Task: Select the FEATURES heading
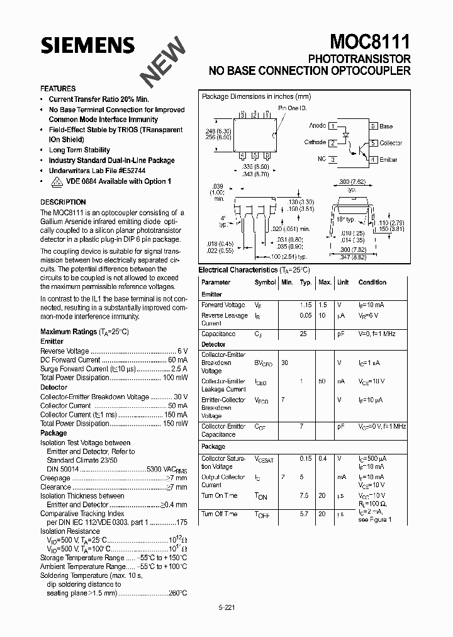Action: [x=58, y=89]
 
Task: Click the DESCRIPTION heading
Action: [x=63, y=202]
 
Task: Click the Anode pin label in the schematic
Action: [x=317, y=126]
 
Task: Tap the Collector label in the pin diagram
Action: [x=390, y=144]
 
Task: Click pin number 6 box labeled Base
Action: [x=373, y=127]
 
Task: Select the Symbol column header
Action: [x=265, y=283]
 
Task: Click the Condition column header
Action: [x=372, y=283]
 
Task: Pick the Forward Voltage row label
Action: [x=223, y=305]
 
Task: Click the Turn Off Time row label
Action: [x=219, y=514]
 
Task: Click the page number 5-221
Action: [x=226, y=608]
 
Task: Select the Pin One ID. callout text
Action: [x=293, y=108]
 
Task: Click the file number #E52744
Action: [x=132, y=171]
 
